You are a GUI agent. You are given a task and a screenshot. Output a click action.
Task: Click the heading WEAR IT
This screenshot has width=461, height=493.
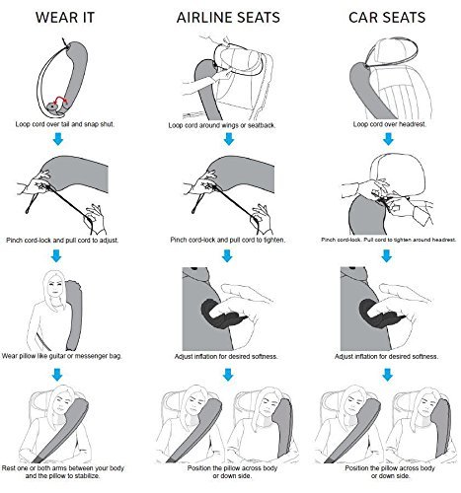click(65, 18)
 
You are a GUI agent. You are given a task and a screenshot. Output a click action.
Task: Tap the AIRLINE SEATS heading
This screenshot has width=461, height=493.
click(228, 18)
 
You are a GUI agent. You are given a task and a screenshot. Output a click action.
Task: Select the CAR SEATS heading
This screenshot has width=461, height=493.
click(387, 18)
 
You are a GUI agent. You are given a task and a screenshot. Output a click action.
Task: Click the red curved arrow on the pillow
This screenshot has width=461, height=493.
click(59, 100)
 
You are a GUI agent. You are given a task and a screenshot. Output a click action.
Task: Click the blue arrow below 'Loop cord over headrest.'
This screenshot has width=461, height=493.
click(388, 139)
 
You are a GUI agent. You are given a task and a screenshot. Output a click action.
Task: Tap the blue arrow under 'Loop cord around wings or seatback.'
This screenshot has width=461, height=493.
click(229, 139)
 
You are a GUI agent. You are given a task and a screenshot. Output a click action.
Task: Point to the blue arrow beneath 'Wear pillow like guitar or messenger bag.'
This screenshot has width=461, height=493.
click(57, 374)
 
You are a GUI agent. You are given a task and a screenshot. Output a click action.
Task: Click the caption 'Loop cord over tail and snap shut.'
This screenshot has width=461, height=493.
click(65, 124)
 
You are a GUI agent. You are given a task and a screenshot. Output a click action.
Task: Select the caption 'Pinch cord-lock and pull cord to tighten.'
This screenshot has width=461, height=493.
click(227, 240)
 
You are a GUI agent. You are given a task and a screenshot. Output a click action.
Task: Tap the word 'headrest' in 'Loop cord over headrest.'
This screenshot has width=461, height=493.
click(413, 124)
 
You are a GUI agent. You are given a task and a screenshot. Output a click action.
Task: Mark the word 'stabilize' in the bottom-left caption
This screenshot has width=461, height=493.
click(86, 475)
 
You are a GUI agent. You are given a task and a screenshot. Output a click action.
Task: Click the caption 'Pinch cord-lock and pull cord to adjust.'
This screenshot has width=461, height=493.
click(62, 241)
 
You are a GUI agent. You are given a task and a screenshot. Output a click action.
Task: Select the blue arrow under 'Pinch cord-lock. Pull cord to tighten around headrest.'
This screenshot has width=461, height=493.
click(387, 255)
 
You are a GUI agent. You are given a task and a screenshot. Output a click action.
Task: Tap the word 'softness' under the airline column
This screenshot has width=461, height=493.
click(265, 356)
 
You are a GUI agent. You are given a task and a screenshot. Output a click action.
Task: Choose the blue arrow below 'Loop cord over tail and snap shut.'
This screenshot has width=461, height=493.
click(58, 139)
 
